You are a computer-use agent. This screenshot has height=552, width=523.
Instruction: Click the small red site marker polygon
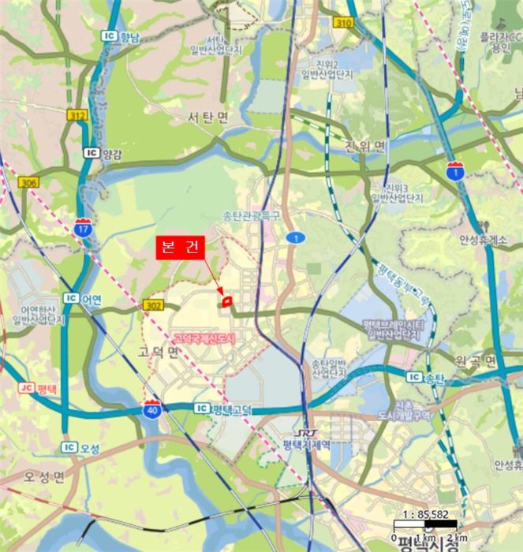pos(226,300)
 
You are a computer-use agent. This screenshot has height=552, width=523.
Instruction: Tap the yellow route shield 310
pos(342,23)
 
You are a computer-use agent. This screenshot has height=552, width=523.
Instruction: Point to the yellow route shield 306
pos(28,182)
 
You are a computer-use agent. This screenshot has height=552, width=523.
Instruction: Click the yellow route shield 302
pos(153,304)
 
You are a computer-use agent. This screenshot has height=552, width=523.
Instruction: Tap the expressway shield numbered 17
pos(84,227)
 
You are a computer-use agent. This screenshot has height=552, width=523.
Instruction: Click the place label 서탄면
pos(207,117)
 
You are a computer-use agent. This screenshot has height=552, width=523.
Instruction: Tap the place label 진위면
pos(365,147)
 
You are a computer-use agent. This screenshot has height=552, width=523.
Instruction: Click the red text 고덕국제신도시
pos(204,337)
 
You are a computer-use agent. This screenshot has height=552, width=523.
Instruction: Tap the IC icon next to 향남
pos(109,36)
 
